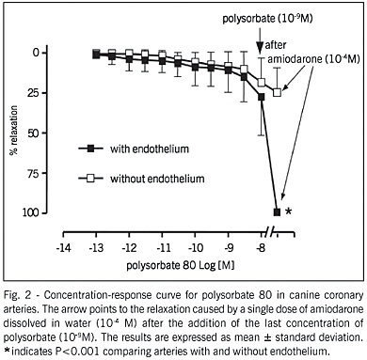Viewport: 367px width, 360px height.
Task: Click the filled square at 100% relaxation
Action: [277, 212]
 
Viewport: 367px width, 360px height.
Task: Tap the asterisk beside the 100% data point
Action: [288, 211]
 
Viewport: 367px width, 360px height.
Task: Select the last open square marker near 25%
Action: [277, 92]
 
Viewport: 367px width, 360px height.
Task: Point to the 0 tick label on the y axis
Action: [37, 53]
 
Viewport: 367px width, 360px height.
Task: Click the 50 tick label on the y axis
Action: [34, 133]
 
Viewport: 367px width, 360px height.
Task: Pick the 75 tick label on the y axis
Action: [34, 173]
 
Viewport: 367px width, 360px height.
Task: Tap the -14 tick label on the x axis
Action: [63, 248]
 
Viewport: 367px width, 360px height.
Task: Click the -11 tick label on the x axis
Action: [162, 248]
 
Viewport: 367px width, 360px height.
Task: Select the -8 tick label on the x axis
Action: [261, 248]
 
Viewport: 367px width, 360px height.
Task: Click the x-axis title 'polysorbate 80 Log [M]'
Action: [181, 266]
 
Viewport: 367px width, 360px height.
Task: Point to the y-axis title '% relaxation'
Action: [13, 131]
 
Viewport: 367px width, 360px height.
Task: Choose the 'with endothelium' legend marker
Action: [90, 149]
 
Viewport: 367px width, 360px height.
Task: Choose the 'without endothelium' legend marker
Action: [90, 179]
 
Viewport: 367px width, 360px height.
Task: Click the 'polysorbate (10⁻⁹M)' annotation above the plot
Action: [267, 19]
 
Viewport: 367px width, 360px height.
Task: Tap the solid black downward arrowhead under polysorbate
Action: [260, 48]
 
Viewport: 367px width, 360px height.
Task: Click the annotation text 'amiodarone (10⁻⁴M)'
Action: [313, 59]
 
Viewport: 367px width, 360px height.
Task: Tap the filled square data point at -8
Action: [261, 97]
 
